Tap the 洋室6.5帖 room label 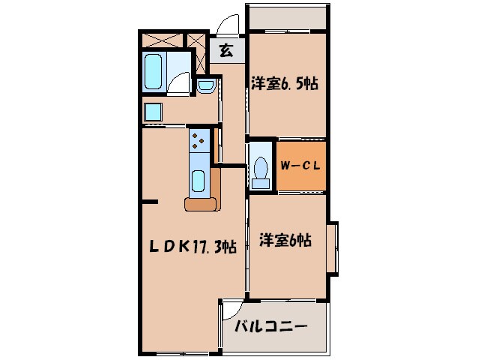pyautogui.click(x=285, y=84)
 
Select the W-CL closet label pyautogui.click(x=301, y=166)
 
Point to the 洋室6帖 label pyautogui.click(x=285, y=241)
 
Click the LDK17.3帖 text pyautogui.click(x=197, y=247)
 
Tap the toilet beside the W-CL pyautogui.click(x=261, y=169)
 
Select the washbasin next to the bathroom pyautogui.click(x=205, y=86)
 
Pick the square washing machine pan pyautogui.click(x=154, y=112)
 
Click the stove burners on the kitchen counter pyautogui.click(x=200, y=138)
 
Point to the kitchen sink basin pyautogui.click(x=199, y=180)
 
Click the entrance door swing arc pyautogui.click(x=227, y=27)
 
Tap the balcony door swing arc pyautogui.click(x=232, y=310)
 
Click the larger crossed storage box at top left pyautogui.click(x=161, y=40)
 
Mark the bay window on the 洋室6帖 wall pyautogui.click(x=332, y=247)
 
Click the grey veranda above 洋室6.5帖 pyautogui.click(x=287, y=17)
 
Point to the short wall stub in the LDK pyautogui.click(x=150, y=202)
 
